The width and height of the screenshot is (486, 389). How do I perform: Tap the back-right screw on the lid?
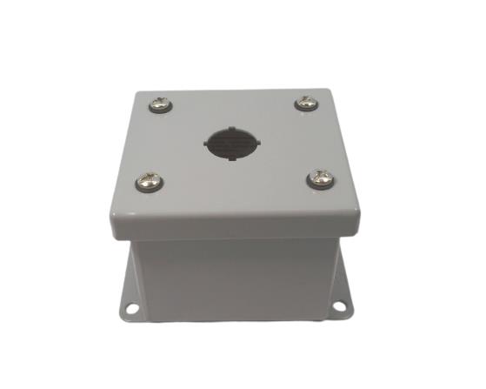[306, 104]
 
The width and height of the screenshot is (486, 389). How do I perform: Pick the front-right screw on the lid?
[318, 180]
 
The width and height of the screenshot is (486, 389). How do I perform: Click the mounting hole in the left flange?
[132, 307]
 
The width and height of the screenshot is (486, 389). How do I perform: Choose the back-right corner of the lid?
[328, 90]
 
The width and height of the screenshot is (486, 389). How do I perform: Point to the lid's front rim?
[234, 232]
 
